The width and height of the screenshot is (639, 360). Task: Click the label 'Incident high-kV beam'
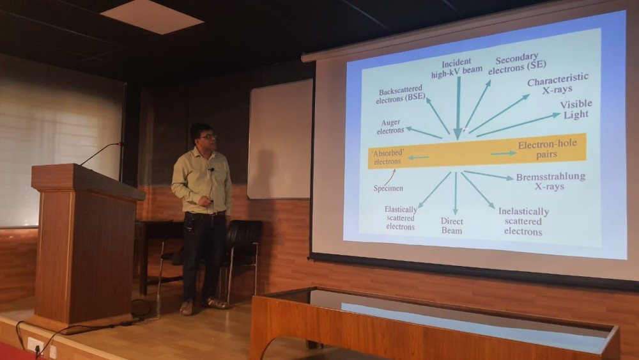pos(456,68)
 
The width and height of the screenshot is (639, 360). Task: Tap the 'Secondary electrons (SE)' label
pos(517,64)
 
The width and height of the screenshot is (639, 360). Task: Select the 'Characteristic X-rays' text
pos(557,84)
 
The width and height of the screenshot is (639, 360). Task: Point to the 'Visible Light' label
pos(576,109)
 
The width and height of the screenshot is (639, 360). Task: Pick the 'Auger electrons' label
pos(390,127)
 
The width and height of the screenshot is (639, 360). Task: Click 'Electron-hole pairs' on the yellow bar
pos(547,149)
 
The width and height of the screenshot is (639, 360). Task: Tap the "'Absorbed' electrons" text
pos(388,157)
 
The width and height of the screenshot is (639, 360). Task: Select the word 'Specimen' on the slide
pos(389,189)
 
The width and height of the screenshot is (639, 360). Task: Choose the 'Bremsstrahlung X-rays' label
pos(550,182)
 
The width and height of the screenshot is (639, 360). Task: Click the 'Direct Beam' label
pos(452,226)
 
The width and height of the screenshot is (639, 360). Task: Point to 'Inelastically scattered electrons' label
pos(523,222)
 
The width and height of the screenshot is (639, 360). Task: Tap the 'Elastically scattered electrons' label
pos(401,218)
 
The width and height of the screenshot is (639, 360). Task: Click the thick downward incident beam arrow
pos(458,109)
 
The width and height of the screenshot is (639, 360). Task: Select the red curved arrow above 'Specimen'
pos(390,177)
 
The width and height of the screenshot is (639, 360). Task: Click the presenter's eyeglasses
pos(208,137)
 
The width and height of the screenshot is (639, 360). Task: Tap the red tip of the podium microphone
pos(119,144)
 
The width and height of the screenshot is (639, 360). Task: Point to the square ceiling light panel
pos(151,17)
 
